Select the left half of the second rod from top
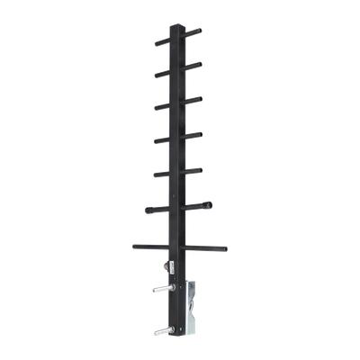coord(163,73)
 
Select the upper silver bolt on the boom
coord(163,289)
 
